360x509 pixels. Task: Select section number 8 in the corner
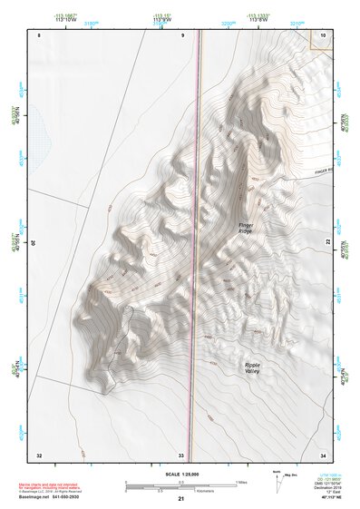(40, 34)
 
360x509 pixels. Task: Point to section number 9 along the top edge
(182, 34)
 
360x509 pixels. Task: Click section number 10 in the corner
(324, 34)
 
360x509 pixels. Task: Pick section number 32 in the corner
(39, 454)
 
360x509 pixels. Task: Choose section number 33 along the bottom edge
(181, 454)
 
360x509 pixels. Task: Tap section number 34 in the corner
(323, 454)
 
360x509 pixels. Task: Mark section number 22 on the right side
(328, 241)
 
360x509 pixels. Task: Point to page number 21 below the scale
(181, 498)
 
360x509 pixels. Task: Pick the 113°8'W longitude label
(259, 22)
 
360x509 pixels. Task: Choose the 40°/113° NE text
(324, 497)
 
